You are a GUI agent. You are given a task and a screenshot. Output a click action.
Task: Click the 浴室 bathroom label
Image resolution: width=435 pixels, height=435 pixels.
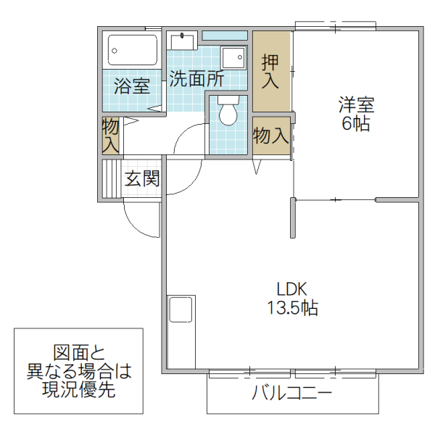click(x=132, y=86)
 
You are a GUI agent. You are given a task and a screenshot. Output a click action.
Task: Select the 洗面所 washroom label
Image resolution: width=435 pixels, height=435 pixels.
click(x=196, y=79)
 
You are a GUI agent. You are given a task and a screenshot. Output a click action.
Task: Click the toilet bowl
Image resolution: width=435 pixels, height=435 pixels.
click(x=228, y=113)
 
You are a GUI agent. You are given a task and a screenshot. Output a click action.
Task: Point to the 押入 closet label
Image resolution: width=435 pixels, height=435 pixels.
click(x=270, y=72)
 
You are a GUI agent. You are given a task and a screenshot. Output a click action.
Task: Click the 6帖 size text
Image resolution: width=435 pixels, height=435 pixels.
click(x=356, y=124)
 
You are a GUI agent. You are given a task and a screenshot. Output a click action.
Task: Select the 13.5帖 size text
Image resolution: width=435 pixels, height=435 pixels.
click(x=289, y=307)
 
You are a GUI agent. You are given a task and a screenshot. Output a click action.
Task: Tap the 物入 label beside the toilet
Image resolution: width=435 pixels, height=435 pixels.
click(x=271, y=136)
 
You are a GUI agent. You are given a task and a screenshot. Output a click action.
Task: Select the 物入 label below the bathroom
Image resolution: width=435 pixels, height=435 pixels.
click(x=110, y=135)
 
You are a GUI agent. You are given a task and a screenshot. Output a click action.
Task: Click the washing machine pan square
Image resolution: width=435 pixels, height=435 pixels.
click(x=233, y=58)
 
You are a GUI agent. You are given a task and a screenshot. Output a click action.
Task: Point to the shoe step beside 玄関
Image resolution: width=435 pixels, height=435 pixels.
click(x=111, y=178)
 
